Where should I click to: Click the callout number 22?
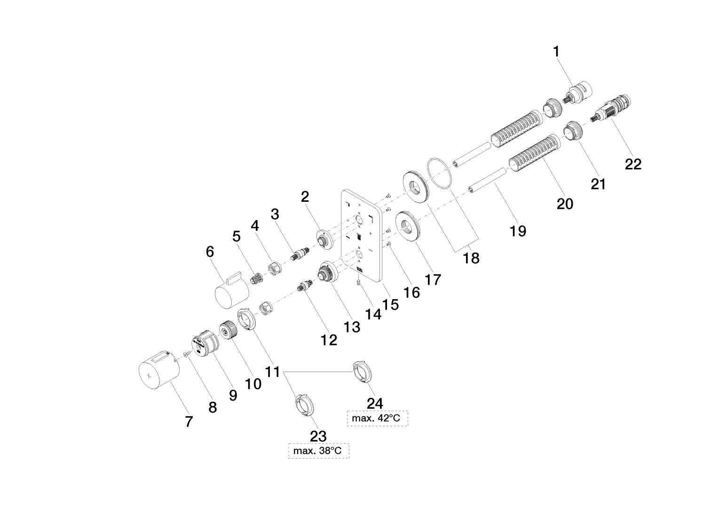[x=633, y=164]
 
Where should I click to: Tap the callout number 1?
[x=556, y=51]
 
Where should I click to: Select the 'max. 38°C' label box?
[x=318, y=451]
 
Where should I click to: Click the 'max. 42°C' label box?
[x=377, y=418]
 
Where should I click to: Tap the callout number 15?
[x=390, y=304]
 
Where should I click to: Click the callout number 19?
[x=518, y=231]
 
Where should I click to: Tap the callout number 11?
[x=272, y=372]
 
